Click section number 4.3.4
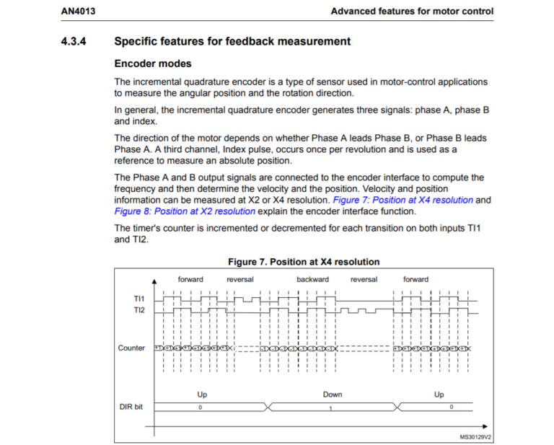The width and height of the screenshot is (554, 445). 74,41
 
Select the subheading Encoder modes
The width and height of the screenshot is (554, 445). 153,63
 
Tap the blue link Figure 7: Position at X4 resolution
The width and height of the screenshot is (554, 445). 403,200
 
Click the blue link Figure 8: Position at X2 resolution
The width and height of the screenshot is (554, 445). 185,211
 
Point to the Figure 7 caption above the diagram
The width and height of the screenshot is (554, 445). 303,261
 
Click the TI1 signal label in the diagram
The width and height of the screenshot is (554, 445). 138,298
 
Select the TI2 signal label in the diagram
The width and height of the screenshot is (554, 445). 138,309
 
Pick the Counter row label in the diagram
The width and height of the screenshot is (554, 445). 131,348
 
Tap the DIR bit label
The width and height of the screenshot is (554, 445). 131,407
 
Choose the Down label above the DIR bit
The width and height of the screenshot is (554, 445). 333,395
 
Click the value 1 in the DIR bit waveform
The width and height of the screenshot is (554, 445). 331,407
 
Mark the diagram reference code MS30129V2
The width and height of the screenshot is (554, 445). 475,436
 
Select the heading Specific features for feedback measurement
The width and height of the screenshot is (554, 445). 232,41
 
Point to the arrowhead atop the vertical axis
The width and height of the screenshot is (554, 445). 154,280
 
